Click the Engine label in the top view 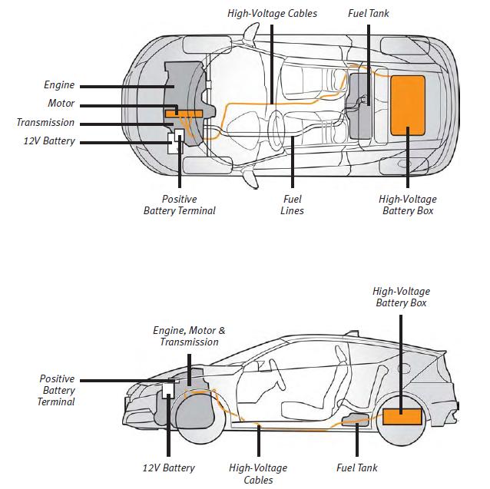click(58, 86)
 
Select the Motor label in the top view click(61, 104)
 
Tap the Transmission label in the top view click(45, 123)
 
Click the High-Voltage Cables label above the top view click(272, 14)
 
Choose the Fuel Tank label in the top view click(369, 14)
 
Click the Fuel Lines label click(292, 205)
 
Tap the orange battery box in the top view click(408, 105)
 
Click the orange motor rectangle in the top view click(183, 113)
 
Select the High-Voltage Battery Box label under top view click(408, 205)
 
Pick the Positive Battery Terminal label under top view click(180, 205)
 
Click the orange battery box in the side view click(402, 418)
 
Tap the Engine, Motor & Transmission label click(189, 336)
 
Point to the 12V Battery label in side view click(168, 468)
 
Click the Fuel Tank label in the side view click(357, 468)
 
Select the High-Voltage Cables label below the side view click(258, 474)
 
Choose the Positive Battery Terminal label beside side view click(57, 390)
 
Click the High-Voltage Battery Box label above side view click(401, 297)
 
